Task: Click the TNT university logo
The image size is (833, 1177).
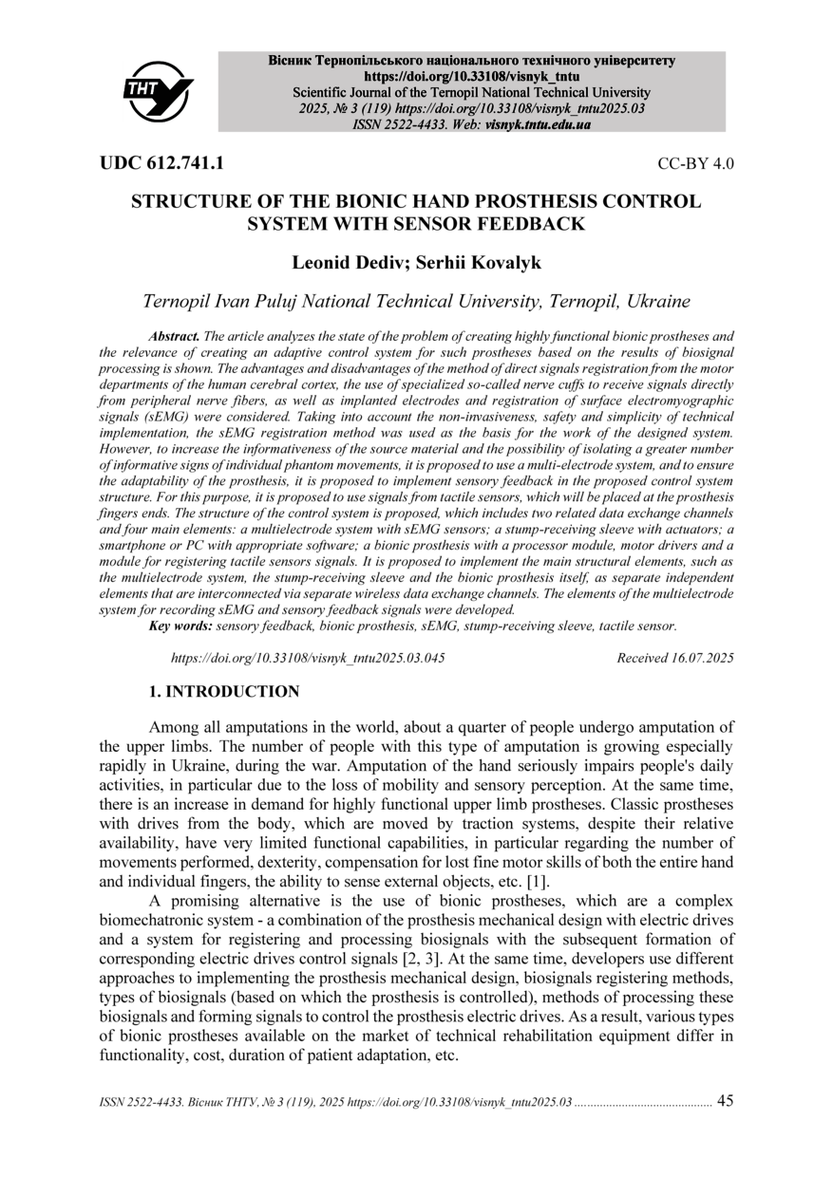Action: pyautogui.click(x=158, y=90)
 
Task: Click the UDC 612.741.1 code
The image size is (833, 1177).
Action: pyautogui.click(x=161, y=163)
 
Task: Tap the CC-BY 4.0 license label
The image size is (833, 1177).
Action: pyautogui.click(x=695, y=164)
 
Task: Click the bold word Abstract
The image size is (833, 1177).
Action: pyautogui.click(x=174, y=337)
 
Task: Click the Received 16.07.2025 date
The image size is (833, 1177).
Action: pyautogui.click(x=674, y=658)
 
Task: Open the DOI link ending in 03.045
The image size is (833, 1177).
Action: pyautogui.click(x=307, y=658)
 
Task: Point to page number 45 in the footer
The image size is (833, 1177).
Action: pyautogui.click(x=725, y=1101)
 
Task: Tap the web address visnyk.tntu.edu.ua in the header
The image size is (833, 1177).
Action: pyautogui.click(x=538, y=124)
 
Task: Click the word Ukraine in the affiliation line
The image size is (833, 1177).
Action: pyautogui.click(x=657, y=302)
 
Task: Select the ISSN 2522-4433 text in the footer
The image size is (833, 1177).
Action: pyautogui.click(x=138, y=1103)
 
